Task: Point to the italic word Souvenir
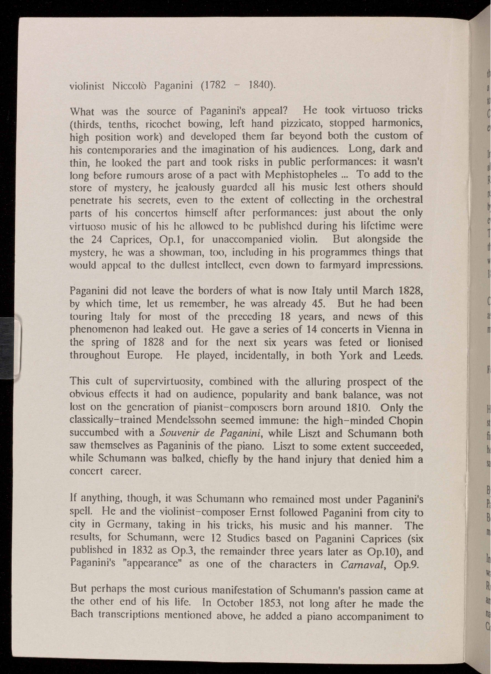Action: (x=177, y=433)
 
